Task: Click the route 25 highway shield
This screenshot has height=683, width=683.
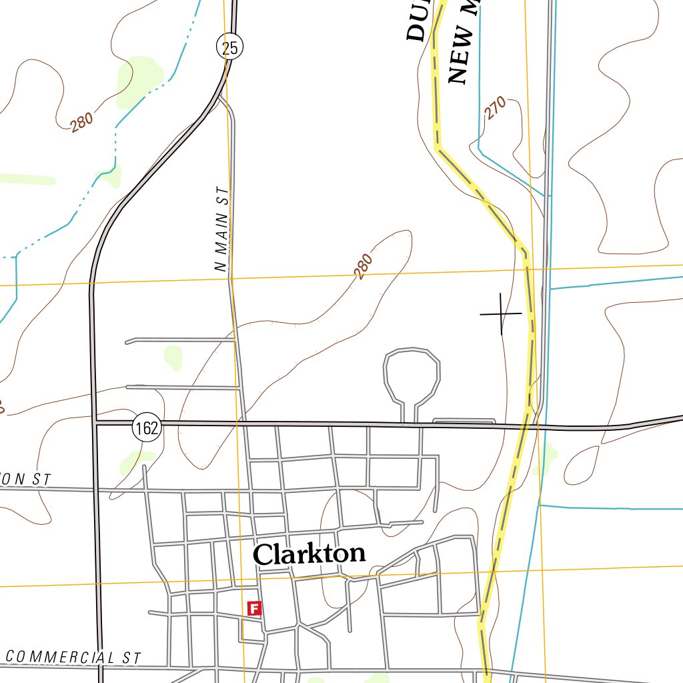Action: pyautogui.click(x=229, y=47)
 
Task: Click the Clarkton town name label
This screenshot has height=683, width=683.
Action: pyautogui.click(x=309, y=554)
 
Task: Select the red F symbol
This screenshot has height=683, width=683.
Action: pyautogui.click(x=253, y=608)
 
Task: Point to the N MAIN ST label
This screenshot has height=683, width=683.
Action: pyautogui.click(x=222, y=229)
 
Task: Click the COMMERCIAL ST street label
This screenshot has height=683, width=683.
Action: pyautogui.click(x=73, y=657)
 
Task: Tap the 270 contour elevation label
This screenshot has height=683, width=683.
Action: pyautogui.click(x=496, y=108)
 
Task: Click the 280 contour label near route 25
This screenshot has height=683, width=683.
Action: pyautogui.click(x=81, y=122)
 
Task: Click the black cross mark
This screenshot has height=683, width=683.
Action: pyautogui.click(x=501, y=313)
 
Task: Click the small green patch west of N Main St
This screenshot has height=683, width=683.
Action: pyautogui.click(x=173, y=356)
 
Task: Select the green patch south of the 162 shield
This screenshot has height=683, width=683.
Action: pyautogui.click(x=137, y=461)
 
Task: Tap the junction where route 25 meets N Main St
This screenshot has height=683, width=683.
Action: pyautogui.click(x=220, y=97)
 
